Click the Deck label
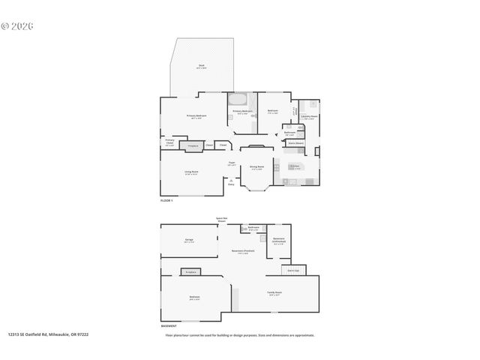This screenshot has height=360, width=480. click(202, 66)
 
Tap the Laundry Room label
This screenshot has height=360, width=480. click(308, 117)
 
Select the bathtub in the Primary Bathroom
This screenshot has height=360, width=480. click(238, 99)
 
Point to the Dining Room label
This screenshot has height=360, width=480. click(256, 169)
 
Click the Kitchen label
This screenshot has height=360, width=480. click(294, 166)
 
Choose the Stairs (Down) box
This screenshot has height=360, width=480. click(294, 142)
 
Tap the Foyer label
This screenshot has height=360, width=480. click(232, 163)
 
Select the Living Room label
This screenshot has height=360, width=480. click(191, 172)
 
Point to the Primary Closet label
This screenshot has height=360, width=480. click(170, 142)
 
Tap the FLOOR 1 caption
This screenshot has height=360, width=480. click(166, 201)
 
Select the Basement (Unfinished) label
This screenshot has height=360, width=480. click(278, 242)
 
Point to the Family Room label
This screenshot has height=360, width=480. click(274, 292)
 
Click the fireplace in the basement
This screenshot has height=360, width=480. click(190, 271)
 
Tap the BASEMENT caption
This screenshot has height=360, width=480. click(169, 326)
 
